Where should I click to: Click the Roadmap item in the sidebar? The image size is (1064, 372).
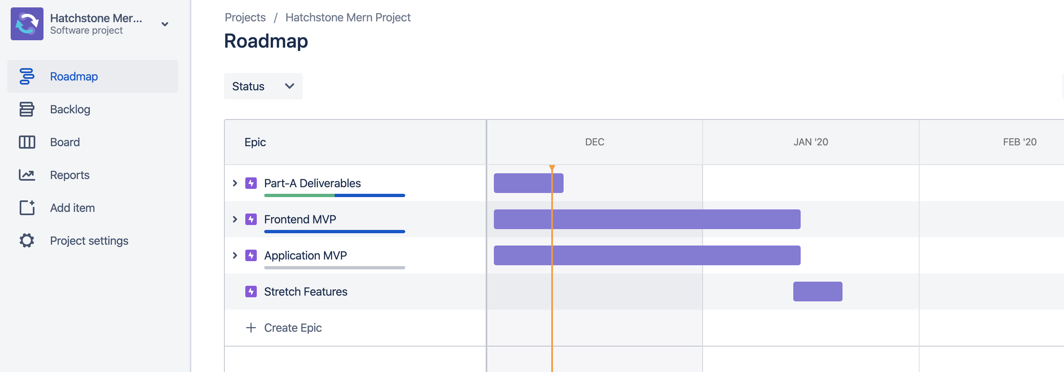pos(73,76)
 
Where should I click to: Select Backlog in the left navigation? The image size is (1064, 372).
pos(70,110)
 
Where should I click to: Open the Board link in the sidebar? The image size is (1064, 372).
pos(64,142)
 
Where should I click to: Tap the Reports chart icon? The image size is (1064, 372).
pos(27,175)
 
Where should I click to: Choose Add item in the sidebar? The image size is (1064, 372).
pos(72,208)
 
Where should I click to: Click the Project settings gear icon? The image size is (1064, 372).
pos(27,241)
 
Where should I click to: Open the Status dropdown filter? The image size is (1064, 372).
pos(263,86)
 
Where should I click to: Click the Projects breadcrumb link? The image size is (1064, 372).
pos(245,17)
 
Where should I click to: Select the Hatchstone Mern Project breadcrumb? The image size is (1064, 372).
pos(348,17)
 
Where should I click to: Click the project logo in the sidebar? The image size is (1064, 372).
pos(27,24)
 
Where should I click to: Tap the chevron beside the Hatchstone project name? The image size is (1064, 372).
pos(165,24)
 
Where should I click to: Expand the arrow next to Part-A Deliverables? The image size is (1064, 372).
pos(235,183)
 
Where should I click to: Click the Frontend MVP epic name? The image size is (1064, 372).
pos(300,220)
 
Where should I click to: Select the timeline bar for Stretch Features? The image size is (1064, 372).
pos(817,292)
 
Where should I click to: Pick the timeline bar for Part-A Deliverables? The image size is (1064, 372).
pos(528,183)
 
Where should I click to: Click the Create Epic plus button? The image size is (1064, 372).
pos(251,328)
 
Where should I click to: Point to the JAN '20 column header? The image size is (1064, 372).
pos(811,142)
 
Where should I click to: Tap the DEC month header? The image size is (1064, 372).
pos(594,142)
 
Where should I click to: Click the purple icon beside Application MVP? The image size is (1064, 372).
pos(251,255)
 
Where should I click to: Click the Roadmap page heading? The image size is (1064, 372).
pos(265,41)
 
